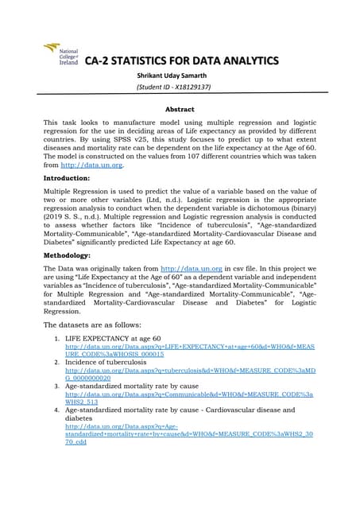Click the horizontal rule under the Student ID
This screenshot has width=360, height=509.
click(180, 97)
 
